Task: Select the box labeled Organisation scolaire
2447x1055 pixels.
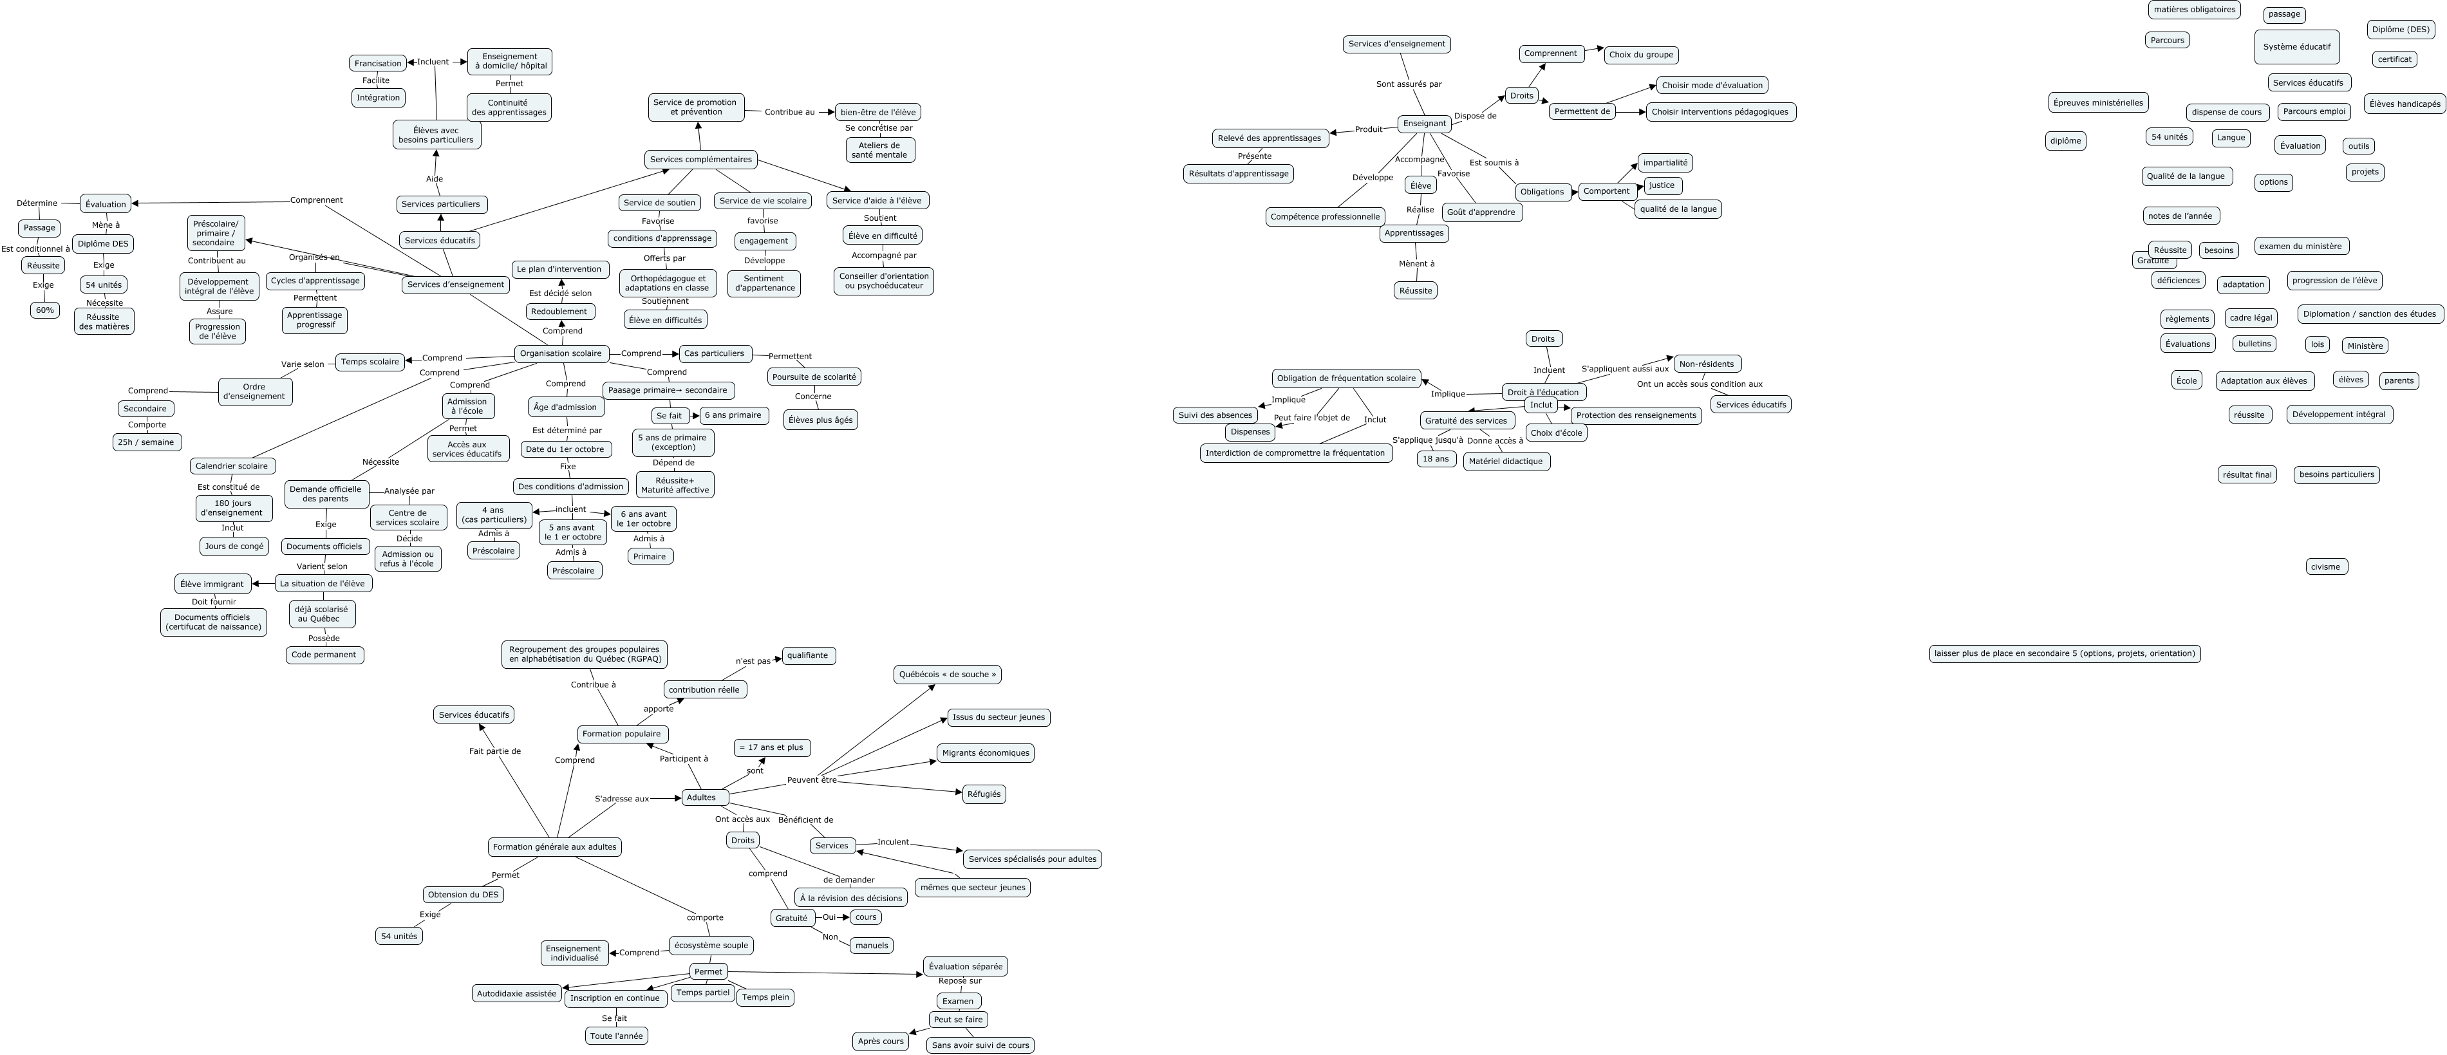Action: pos(561,353)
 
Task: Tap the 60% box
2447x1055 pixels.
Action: pos(44,310)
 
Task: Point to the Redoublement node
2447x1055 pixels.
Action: pos(559,312)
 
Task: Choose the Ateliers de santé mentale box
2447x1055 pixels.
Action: pos(879,150)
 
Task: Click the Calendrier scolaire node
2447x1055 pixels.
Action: pos(233,466)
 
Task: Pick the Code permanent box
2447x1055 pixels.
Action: pos(324,655)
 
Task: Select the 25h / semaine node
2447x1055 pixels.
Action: pos(146,442)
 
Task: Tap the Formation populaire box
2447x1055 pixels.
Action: pos(622,734)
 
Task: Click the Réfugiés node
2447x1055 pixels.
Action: pos(983,794)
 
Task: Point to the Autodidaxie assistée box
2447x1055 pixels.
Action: pos(517,993)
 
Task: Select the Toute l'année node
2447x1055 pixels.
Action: pos(617,1036)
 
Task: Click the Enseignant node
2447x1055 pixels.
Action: pos(1424,124)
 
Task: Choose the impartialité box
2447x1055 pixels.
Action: pos(1664,162)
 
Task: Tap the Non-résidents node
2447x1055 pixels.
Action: pos(1706,364)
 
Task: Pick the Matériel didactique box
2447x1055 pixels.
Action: pos(1506,462)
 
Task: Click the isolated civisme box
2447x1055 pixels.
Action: pos(2325,567)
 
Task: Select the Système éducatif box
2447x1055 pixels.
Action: pos(2296,46)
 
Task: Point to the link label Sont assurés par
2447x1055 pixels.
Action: pos(1409,84)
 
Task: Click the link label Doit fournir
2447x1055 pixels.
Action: pos(214,602)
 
